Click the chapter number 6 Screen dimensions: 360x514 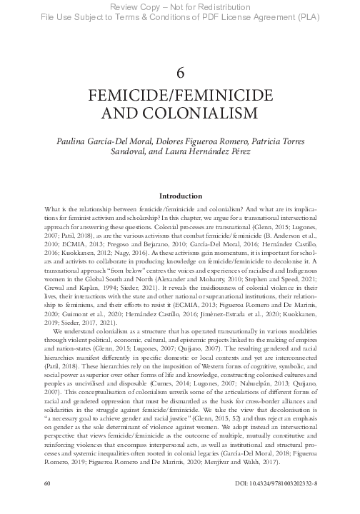(180, 72)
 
